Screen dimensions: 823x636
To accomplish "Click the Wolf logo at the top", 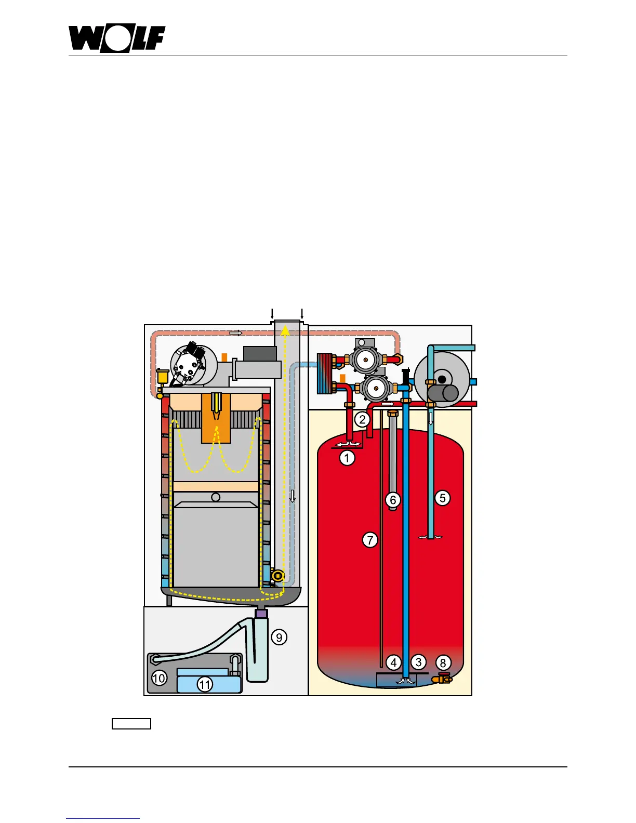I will pos(117,39).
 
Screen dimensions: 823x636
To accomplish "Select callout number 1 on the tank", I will pos(347,458).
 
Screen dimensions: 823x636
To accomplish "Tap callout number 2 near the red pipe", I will pos(362,419).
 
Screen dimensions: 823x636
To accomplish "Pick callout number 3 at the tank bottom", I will pos(418,662).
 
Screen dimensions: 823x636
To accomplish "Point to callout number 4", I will pos(393,662).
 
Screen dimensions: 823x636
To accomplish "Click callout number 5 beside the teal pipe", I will pos(442,498).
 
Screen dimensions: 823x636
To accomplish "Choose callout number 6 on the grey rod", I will pos(393,500).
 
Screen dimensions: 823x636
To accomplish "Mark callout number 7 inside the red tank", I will pos(369,540).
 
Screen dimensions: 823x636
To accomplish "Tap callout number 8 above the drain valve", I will pos(443,663).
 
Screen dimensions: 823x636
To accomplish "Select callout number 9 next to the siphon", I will pos(279,637).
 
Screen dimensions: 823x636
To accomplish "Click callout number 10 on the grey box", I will pos(159,678).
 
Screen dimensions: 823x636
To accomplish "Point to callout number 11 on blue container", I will pos(205,685).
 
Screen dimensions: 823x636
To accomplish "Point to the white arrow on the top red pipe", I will pos(235,333).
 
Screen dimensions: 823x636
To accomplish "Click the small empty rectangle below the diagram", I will pos(131,724).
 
